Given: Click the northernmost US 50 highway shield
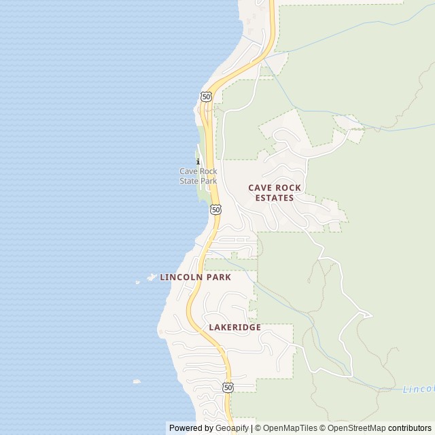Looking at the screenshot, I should pos(206,97).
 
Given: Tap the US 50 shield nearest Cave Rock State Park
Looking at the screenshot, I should pos(215,210).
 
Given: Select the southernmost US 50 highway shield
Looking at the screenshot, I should pos(228,387).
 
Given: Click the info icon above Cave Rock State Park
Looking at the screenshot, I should pos(198,161).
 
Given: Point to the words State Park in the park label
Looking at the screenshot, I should pos(198,181).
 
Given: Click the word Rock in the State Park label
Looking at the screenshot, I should pos(207,171).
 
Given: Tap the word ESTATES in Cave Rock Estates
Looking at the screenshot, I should pos(274,198).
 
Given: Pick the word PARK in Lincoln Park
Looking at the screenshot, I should pos(217,277).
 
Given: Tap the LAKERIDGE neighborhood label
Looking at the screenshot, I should pos(234,327).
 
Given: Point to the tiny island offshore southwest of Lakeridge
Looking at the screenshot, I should pos(137,381).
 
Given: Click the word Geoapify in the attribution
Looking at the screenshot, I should pos(231,428).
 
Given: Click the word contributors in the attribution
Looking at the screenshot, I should pos(410,428).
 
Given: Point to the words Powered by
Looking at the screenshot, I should pos(190,428).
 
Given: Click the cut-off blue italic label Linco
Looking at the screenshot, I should pos(418,389).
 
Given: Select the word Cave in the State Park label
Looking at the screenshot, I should pos(188,171).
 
